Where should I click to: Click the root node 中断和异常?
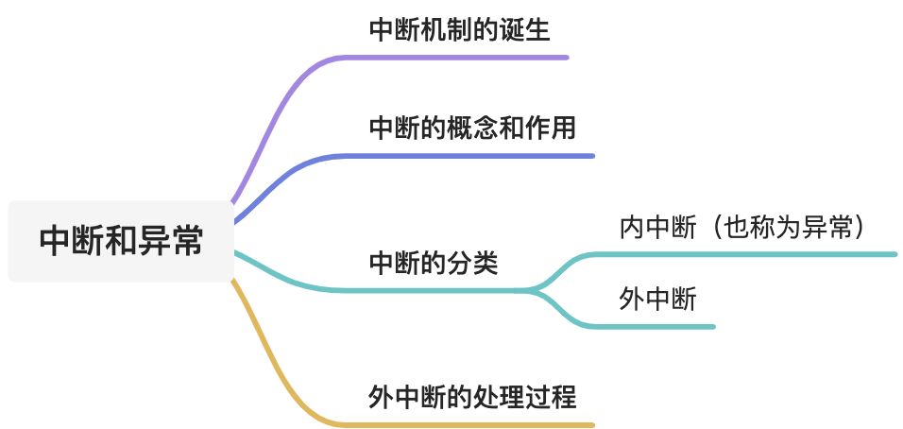[x=120, y=241]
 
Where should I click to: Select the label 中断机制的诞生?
[x=459, y=29]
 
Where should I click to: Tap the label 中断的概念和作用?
[x=472, y=128]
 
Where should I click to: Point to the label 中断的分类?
[x=434, y=263]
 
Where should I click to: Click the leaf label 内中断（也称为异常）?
[x=741, y=227]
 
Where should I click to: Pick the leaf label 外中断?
[x=658, y=300]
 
